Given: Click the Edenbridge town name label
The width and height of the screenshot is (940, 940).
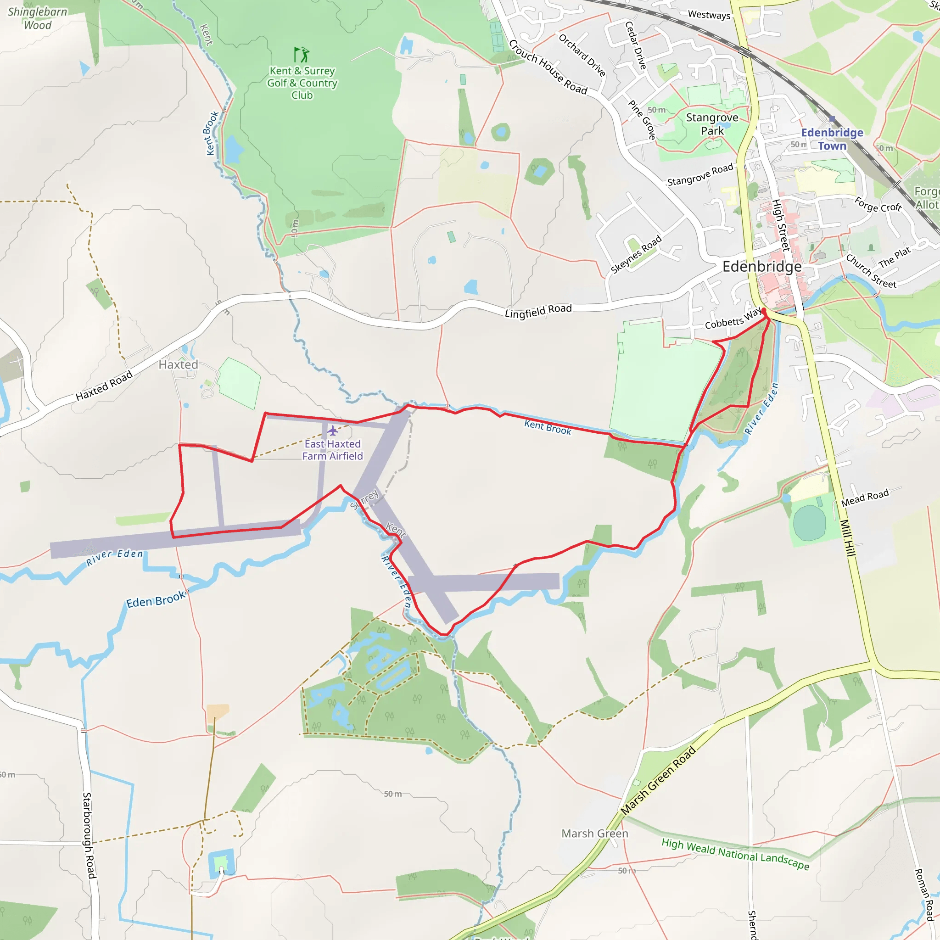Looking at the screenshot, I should tap(761, 267).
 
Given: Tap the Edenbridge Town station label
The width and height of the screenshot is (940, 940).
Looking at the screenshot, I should tap(832, 139).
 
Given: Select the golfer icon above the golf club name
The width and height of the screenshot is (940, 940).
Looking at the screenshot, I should tap(302, 54).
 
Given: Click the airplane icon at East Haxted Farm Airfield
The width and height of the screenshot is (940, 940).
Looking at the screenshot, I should tap(333, 431).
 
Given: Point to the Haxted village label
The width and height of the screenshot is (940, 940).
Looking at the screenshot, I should tap(179, 364).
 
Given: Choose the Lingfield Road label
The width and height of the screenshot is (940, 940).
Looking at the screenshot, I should tap(538, 310).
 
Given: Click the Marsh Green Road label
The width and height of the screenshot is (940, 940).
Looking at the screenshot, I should tap(658, 780).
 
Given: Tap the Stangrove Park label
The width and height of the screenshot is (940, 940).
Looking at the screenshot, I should tap(712, 124).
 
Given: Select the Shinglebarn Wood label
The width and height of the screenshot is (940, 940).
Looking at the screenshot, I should tap(38, 18).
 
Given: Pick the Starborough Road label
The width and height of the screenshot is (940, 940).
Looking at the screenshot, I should tap(89, 835).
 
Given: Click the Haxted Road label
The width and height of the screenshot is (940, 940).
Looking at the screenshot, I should tap(104, 386).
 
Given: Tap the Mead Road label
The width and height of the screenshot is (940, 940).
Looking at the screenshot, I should tap(865, 497).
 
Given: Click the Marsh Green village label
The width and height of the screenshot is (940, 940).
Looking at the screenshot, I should tap(594, 834).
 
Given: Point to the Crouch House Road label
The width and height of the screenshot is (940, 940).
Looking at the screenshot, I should tap(548, 67).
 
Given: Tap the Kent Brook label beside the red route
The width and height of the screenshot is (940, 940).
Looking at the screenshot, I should tap(548, 427).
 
